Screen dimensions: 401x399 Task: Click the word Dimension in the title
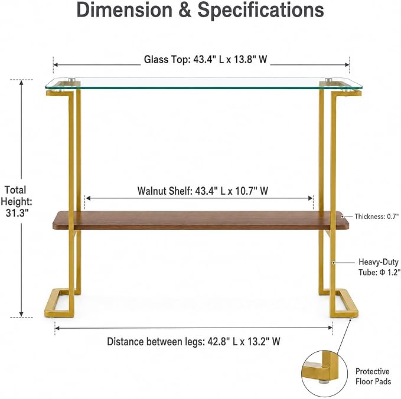point(125,9)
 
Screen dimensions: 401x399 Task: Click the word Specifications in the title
point(260,10)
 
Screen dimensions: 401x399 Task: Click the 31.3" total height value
point(17,212)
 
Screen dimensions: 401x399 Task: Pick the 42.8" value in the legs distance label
point(217,342)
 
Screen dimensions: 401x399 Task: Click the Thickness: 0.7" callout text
point(376,217)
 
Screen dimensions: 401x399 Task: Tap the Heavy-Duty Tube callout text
point(379,267)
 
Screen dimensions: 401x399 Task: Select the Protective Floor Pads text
point(373,376)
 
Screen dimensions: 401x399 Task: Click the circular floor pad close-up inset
point(325,374)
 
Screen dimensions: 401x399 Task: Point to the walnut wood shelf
point(201,220)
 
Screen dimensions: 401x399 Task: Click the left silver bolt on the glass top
point(72,80)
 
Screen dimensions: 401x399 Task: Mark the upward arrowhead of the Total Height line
point(21,82)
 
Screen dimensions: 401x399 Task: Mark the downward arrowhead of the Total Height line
point(21,314)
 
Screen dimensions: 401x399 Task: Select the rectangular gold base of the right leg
point(344,303)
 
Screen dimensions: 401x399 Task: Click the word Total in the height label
point(15,190)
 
